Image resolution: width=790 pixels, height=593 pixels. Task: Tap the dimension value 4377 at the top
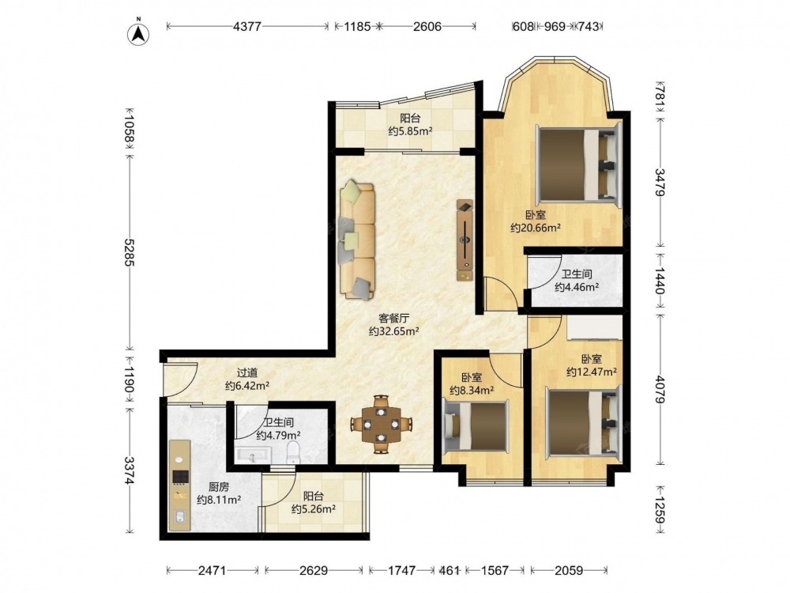click(246, 27)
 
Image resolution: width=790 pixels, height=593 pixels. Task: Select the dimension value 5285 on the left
click(130, 252)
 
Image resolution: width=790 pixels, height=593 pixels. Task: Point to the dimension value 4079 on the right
click(660, 388)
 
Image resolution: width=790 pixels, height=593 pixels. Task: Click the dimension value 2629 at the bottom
click(314, 570)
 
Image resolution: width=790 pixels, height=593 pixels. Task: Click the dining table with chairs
click(382, 424)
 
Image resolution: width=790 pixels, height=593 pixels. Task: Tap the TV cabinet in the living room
click(465, 240)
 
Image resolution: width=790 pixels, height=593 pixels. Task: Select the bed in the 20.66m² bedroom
click(579, 164)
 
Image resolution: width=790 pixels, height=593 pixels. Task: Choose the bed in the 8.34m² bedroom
click(475, 425)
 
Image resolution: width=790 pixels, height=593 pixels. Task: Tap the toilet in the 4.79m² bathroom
click(293, 452)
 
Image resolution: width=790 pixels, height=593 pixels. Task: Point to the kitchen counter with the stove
click(180, 485)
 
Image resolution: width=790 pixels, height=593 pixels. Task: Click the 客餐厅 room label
click(394, 318)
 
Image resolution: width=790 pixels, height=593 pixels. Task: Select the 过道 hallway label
click(247, 372)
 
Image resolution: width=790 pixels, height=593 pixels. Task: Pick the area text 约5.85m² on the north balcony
click(411, 131)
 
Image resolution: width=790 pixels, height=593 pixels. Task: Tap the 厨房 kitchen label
click(219, 486)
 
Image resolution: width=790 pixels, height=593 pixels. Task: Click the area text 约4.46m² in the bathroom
click(577, 287)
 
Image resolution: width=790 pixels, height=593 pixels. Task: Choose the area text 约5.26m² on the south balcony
click(314, 509)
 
